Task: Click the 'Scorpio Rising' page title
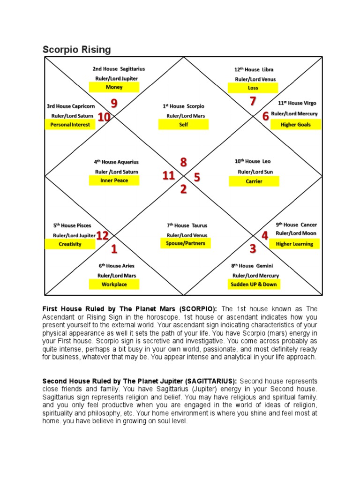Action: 77,49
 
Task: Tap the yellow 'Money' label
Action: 114,87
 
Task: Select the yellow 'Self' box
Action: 183,125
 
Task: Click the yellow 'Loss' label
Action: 253,88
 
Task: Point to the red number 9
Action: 114,103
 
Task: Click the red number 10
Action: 104,117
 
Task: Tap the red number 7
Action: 253,101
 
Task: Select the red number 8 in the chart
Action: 183,162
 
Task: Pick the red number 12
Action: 103,236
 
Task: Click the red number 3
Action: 253,248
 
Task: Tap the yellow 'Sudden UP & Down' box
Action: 254,284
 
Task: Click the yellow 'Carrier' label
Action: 254,181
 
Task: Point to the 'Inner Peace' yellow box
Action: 114,180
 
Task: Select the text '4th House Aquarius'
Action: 116,162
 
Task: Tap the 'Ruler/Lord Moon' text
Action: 296,233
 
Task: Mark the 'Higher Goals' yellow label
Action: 296,125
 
